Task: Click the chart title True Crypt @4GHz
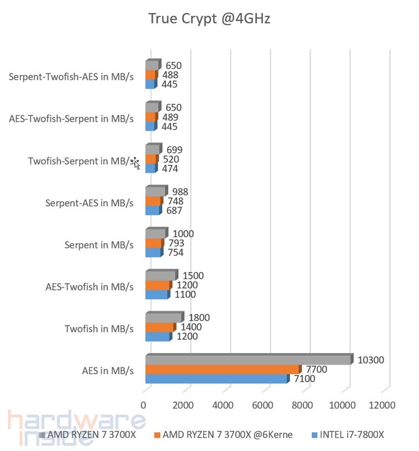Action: (x=209, y=19)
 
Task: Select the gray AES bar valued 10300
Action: (x=247, y=360)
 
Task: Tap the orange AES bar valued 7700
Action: (x=222, y=370)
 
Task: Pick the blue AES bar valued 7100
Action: (x=216, y=379)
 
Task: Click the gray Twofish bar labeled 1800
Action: (x=163, y=318)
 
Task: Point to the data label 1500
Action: (x=193, y=276)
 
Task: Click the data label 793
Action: (x=176, y=244)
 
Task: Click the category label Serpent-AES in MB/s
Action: (x=90, y=202)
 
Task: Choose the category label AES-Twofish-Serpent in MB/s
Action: (x=71, y=118)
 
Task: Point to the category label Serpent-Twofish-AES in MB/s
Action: (x=71, y=76)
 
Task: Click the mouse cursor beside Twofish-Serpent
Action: (x=136, y=163)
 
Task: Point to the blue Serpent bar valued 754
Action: (x=153, y=253)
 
